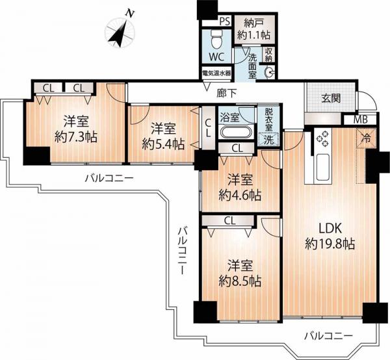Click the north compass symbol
[120, 32]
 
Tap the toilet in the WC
[216, 40]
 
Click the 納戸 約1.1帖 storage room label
[254, 30]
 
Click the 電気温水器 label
[216, 73]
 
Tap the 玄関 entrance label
[331, 99]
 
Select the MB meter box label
[361, 120]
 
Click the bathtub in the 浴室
[237, 133]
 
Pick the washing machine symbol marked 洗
[268, 140]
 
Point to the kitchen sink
[322, 167]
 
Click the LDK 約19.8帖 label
[330, 236]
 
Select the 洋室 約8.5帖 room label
[240, 274]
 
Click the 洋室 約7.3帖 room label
[76, 129]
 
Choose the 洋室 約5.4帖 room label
[163, 136]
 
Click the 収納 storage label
[268, 55]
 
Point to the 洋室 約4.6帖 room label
[240, 187]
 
